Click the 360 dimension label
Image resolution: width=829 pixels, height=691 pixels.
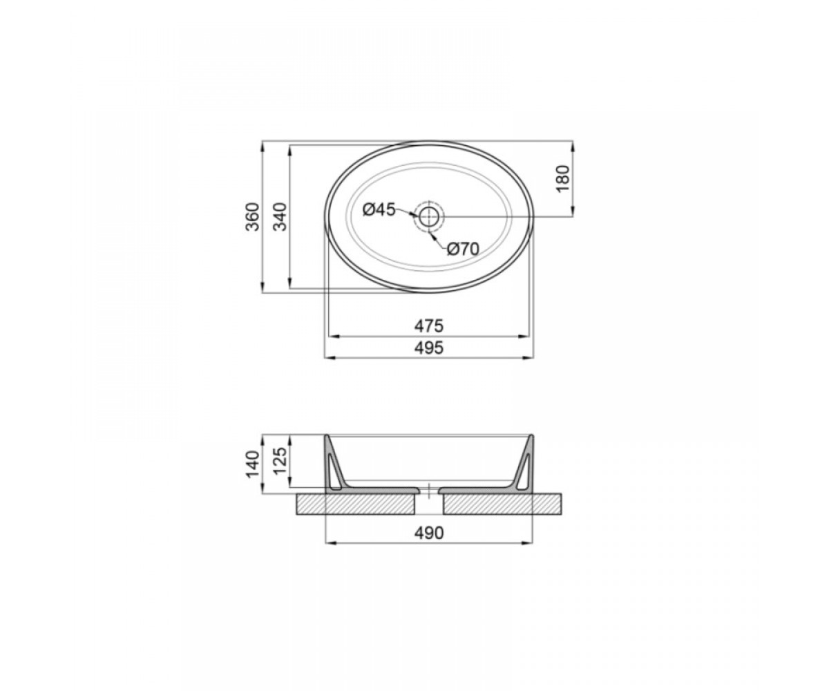click(253, 216)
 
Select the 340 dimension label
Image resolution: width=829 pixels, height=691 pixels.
click(280, 216)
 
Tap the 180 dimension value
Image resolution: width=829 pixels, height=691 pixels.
click(563, 179)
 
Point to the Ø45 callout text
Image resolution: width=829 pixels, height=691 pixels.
click(379, 209)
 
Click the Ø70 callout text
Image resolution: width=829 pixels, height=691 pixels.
click(463, 249)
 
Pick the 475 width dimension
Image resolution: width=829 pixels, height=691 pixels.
click(429, 326)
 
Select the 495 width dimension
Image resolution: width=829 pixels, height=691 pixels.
click(429, 348)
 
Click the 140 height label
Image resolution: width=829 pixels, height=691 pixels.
click(253, 464)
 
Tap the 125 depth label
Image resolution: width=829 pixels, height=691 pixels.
click(280, 461)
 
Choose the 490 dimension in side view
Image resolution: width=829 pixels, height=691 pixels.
click(429, 533)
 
